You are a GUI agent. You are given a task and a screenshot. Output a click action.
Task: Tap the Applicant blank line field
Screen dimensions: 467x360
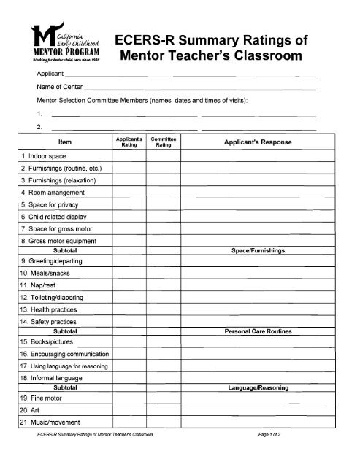(x=191, y=75)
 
